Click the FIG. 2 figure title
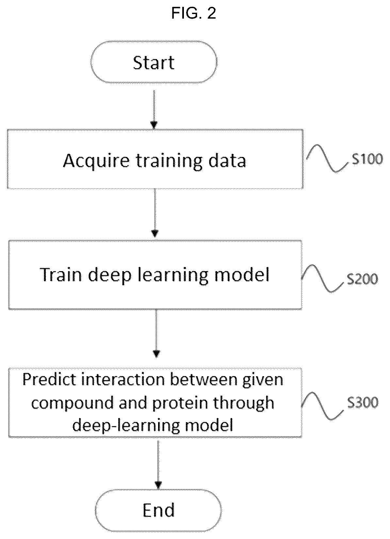pyautogui.click(x=193, y=13)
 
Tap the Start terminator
pyautogui.click(x=154, y=62)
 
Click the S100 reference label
pyautogui.click(x=367, y=159)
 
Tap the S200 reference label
pyautogui.click(x=362, y=279)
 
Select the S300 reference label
pyautogui.click(x=363, y=402)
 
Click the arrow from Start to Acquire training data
pyautogui.click(x=154, y=110)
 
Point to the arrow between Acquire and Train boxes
pyautogui.click(x=155, y=213)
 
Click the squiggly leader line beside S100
pyautogui.click(x=327, y=159)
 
